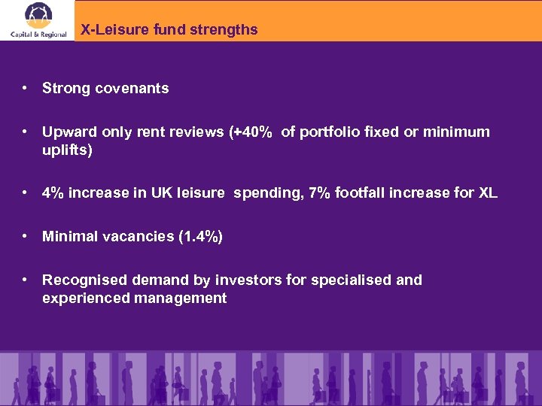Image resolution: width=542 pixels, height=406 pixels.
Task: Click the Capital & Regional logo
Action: coord(38,20)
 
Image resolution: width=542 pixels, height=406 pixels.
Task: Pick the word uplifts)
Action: coord(67,150)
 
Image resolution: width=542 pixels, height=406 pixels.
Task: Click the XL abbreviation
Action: coord(487,192)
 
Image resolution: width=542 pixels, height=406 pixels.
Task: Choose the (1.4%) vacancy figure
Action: coord(200,236)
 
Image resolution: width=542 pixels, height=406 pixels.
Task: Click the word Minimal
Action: coord(70,236)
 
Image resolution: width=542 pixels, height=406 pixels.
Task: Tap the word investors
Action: coord(248,280)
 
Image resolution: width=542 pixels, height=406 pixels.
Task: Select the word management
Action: coord(181,298)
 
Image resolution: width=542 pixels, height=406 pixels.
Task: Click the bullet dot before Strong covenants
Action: coord(26,88)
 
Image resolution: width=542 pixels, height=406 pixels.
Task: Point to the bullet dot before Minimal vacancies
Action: coord(26,236)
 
